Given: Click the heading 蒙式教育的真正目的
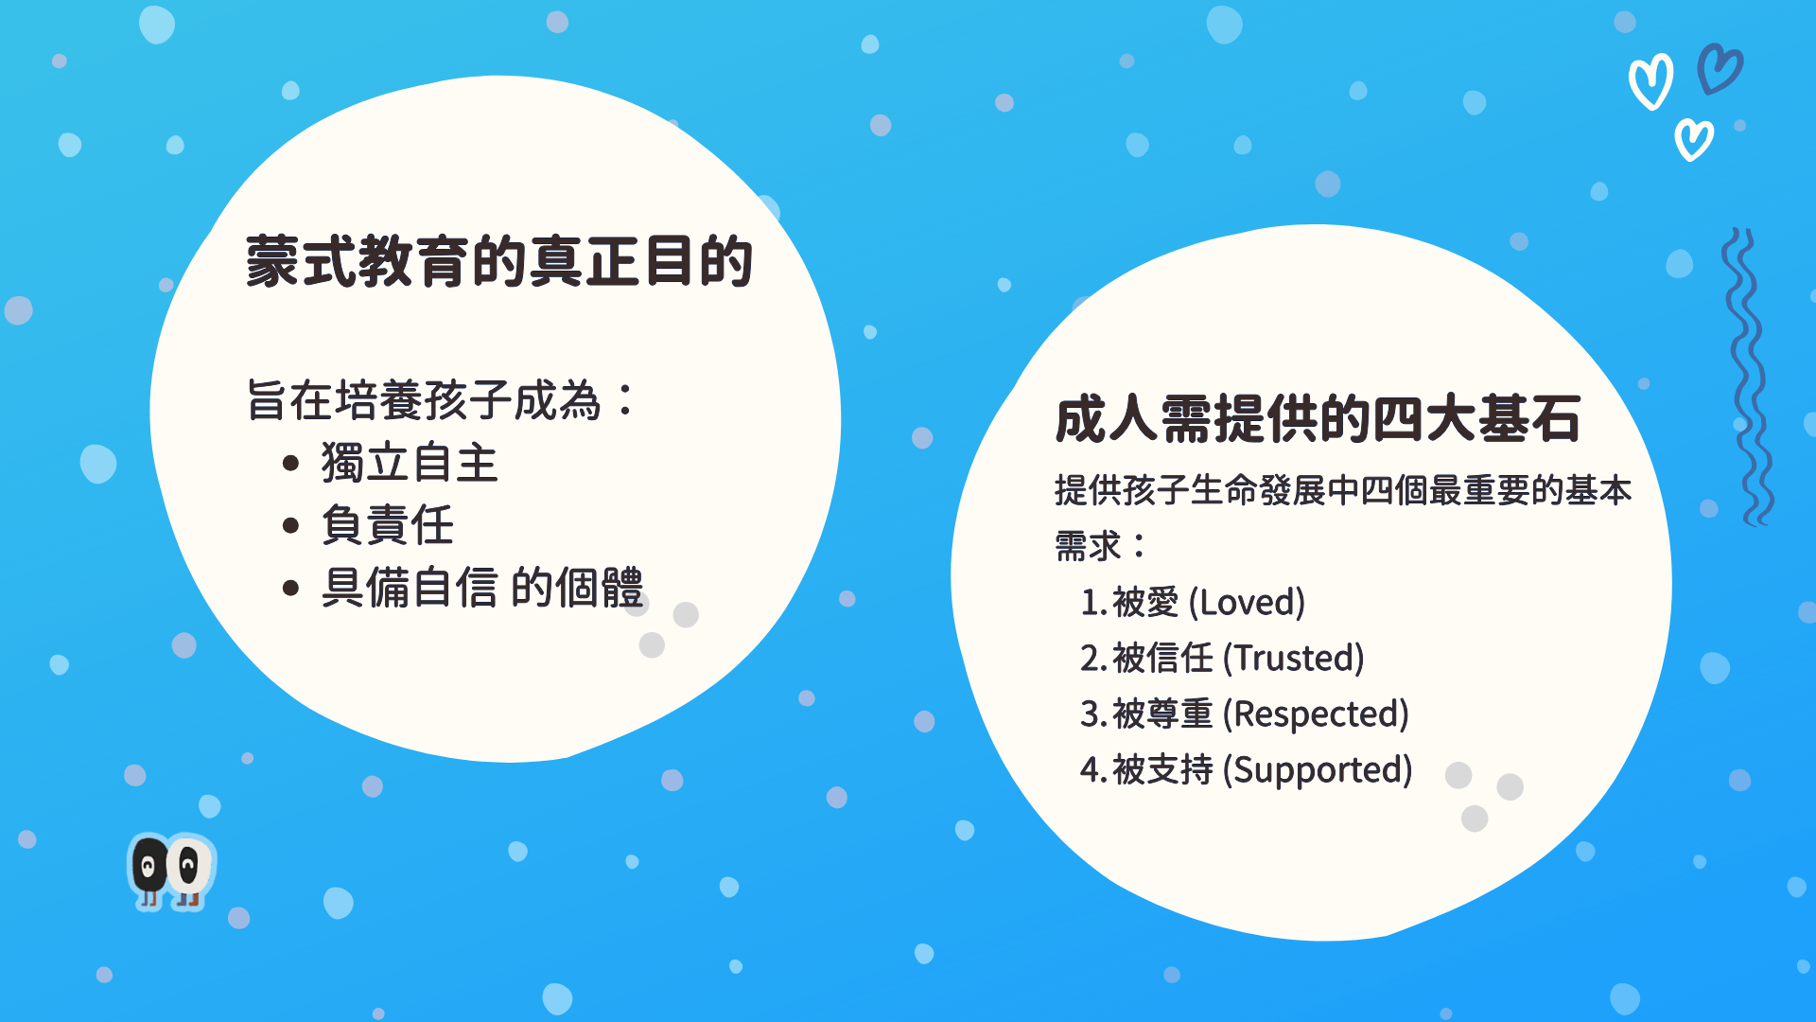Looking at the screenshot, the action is click(x=499, y=262).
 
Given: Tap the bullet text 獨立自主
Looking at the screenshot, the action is click(x=409, y=464).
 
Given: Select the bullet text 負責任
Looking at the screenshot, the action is click(x=388, y=525).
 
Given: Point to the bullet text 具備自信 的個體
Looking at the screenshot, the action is click(x=482, y=588).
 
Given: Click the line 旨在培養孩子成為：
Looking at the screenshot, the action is click(x=442, y=400).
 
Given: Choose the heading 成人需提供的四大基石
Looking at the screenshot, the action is click(x=1318, y=419).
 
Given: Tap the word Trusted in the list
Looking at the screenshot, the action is click(x=1294, y=658).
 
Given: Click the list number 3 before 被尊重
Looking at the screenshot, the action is click(x=1089, y=714).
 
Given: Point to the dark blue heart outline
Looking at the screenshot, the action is click(x=1720, y=69).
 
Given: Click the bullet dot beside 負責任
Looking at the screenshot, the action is click(x=290, y=526).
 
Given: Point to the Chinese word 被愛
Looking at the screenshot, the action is click(x=1145, y=602).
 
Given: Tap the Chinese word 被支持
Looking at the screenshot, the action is click(x=1162, y=770).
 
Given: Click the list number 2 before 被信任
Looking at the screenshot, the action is click(x=1089, y=659).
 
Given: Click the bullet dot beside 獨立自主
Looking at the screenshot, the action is click(x=290, y=464).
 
